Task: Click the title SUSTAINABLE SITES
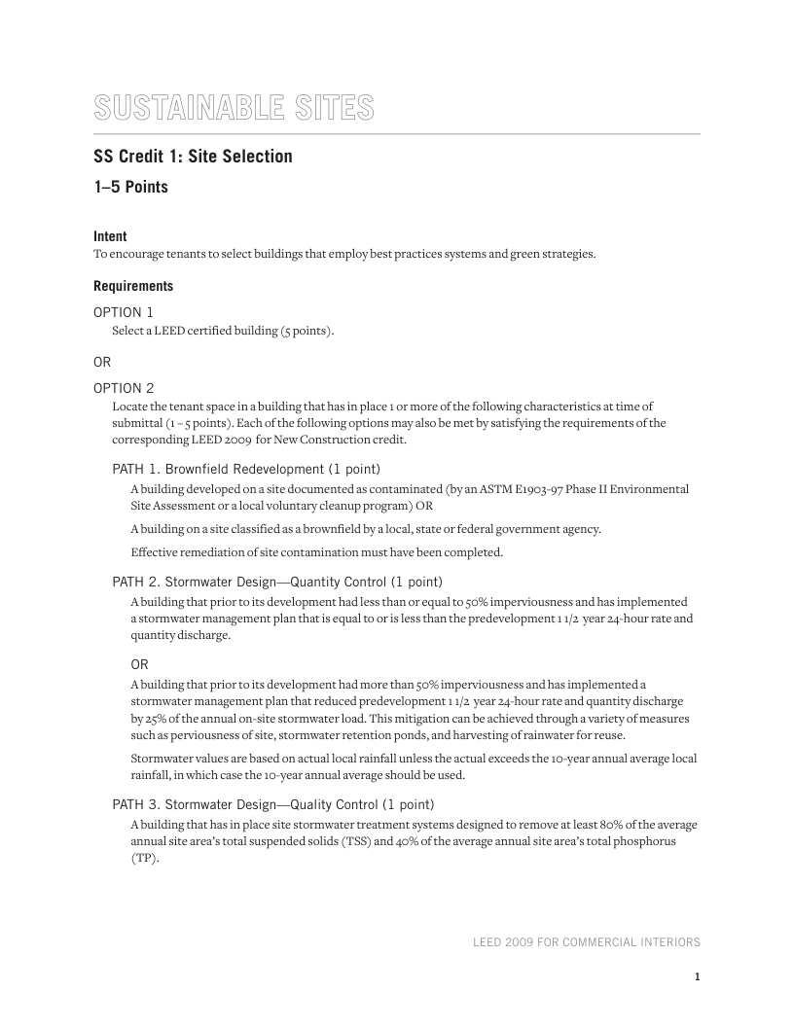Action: (234, 107)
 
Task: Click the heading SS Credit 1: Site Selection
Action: (193, 157)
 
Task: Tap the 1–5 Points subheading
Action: (130, 187)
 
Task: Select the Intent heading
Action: (110, 236)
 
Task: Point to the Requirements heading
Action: (133, 286)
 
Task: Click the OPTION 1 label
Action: (124, 312)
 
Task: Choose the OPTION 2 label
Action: (124, 388)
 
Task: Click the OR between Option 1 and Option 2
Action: (102, 362)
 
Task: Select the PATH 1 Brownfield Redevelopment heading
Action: (246, 468)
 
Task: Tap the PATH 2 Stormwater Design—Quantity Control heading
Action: (277, 582)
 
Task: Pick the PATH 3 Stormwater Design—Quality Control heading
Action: (273, 804)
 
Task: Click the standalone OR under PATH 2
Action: (140, 664)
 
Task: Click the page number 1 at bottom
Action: (697, 977)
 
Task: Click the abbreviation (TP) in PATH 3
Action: (144, 858)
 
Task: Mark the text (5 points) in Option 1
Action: (307, 332)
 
